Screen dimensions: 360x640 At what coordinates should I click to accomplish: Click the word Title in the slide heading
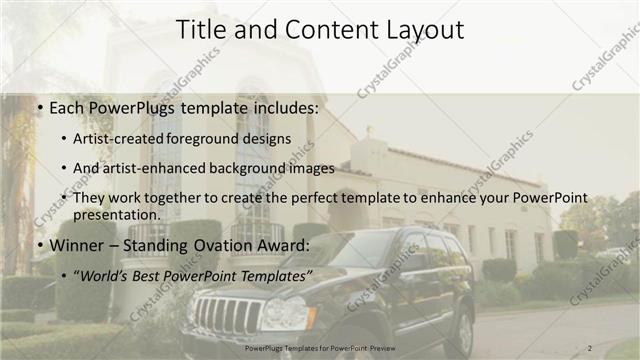(x=201, y=31)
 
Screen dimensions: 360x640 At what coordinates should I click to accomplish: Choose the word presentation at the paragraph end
(x=114, y=214)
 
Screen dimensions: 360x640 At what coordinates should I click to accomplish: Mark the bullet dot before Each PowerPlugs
(x=38, y=107)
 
